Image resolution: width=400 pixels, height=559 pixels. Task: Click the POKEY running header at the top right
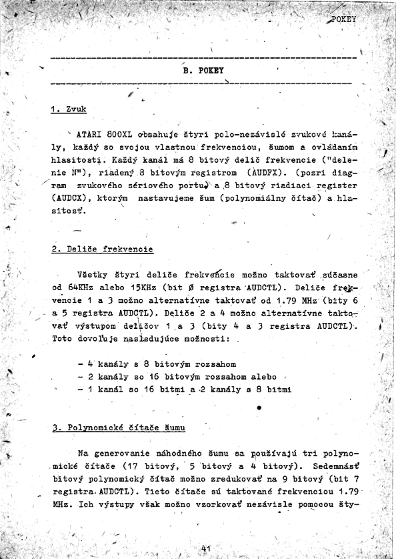343,19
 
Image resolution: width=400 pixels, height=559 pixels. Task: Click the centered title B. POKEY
203,70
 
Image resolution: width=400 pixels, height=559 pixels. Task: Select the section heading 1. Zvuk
69,109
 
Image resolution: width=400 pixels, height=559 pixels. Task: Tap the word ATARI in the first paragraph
90,134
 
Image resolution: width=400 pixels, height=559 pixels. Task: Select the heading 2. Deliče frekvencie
102,249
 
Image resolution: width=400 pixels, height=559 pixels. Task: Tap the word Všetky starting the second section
96,275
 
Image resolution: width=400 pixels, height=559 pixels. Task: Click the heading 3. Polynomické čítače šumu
119,428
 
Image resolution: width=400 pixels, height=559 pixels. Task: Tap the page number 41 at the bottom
205,548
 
